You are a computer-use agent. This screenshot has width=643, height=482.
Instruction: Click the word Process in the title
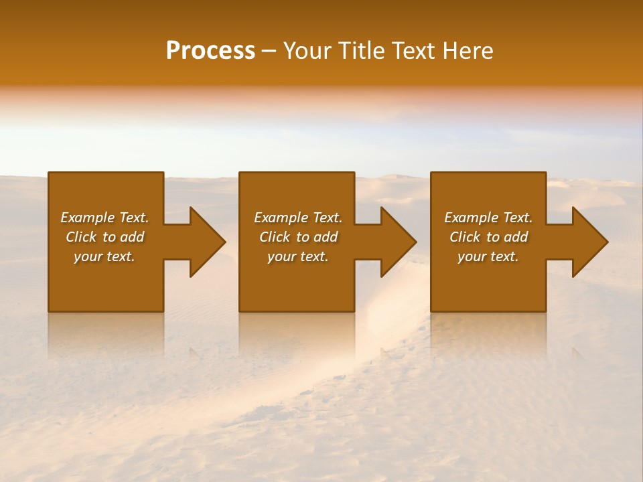click(210, 51)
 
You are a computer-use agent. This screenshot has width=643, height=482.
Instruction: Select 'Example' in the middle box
click(280, 218)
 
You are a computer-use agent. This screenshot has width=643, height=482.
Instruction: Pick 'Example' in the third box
click(470, 218)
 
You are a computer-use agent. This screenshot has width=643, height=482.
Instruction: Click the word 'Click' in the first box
click(80, 237)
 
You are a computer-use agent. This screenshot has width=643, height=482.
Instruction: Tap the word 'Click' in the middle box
click(274, 237)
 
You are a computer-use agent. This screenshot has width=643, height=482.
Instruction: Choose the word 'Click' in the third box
click(464, 237)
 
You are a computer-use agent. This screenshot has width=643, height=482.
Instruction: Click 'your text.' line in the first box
click(104, 256)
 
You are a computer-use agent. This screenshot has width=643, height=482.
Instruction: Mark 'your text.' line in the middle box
click(298, 256)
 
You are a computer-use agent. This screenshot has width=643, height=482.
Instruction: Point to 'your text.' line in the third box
click(488, 256)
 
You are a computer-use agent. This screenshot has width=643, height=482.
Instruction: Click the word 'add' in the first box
click(132, 237)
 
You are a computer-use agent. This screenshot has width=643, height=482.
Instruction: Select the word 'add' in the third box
click(516, 237)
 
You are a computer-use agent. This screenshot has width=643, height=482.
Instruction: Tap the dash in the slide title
click(269, 52)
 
